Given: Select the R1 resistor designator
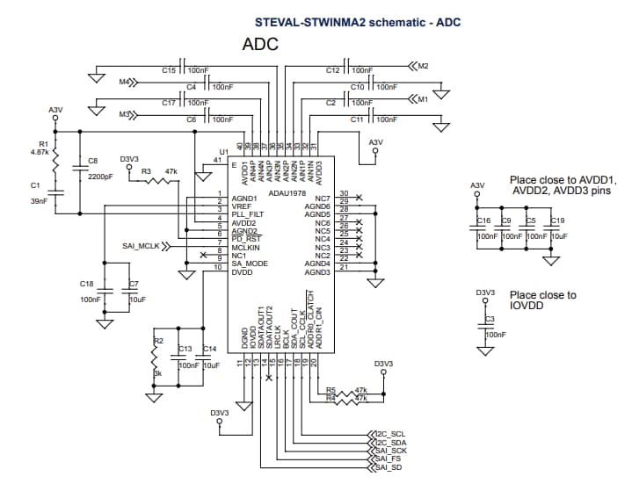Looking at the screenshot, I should [43, 143].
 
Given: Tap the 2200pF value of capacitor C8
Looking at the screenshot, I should [100, 177].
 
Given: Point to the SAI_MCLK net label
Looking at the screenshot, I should [142, 248].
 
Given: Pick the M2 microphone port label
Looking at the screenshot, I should [423, 66].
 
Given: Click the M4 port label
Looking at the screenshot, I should [124, 82].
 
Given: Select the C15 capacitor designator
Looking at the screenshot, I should [170, 69].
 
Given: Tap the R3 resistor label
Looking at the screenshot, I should [146, 170].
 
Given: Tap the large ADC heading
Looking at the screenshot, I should [259, 44].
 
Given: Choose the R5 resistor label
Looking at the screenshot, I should [331, 390].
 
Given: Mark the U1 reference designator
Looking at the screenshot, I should [223, 152].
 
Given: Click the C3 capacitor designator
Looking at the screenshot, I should [490, 318].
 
